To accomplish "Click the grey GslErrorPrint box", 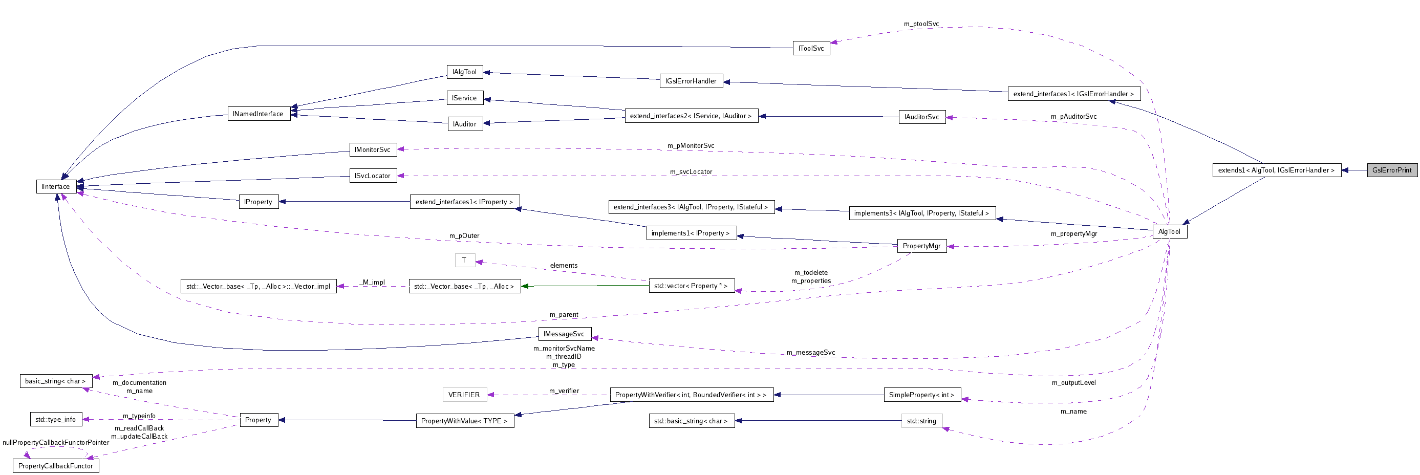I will [1391, 170].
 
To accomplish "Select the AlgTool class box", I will [1169, 232].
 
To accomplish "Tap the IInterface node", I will [56, 187].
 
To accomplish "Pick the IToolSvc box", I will [811, 49].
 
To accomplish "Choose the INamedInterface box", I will [258, 114].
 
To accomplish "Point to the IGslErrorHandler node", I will [691, 81].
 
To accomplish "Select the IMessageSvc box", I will [564, 334].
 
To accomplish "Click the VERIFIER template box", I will [464, 395].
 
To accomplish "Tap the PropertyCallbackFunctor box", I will [56, 466].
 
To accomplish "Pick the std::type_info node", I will [56, 420].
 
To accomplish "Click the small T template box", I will [464, 261].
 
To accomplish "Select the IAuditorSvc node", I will [922, 117].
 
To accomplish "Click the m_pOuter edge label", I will [464, 236].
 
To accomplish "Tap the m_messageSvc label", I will [810, 353].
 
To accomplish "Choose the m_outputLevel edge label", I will [1073, 383].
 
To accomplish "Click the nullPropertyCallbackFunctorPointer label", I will [56, 442].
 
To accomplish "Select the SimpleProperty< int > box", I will [922, 395].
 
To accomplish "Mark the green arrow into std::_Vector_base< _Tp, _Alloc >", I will [525, 287].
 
